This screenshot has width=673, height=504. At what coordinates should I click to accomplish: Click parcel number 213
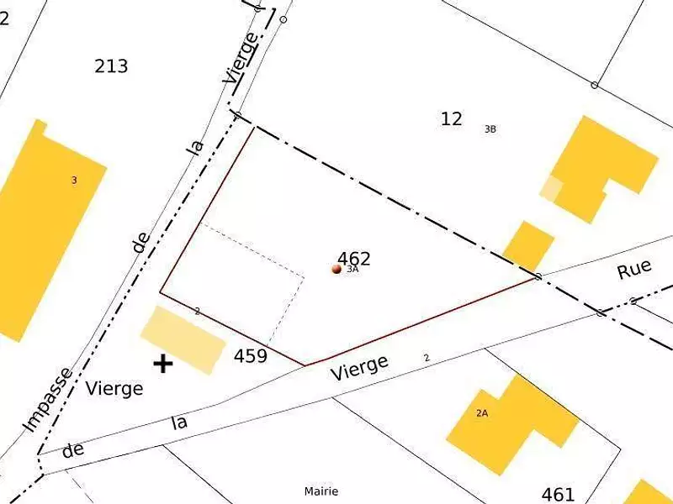coord(111,66)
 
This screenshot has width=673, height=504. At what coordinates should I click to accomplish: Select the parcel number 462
coord(354,258)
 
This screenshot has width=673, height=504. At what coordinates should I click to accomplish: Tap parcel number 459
coord(251,356)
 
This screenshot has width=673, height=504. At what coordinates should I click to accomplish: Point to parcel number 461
coord(559,494)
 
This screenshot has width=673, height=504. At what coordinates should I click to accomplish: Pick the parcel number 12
coord(452,118)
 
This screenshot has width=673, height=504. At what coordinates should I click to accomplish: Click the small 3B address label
coord(490,129)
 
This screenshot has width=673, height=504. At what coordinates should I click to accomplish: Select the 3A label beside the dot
coord(353,270)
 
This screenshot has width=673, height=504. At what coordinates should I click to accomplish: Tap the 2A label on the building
coord(482,413)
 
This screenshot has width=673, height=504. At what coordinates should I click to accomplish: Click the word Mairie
coord(321,491)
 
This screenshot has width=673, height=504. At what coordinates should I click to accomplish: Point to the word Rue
coord(634,270)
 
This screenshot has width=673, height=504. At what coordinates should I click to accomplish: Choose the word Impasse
coord(47,400)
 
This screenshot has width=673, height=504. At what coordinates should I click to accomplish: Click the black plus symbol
coord(162,364)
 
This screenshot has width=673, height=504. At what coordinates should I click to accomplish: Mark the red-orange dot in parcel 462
coord(336,269)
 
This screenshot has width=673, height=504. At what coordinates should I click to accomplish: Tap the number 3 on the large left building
coord(74,181)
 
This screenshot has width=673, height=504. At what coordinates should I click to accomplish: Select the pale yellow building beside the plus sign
coord(183,339)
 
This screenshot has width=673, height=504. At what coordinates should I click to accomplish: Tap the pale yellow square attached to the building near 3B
coord(551,188)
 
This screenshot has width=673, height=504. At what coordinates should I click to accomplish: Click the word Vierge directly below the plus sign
coord(114,389)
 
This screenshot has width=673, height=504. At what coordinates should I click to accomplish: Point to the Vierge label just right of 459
coord(360,367)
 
